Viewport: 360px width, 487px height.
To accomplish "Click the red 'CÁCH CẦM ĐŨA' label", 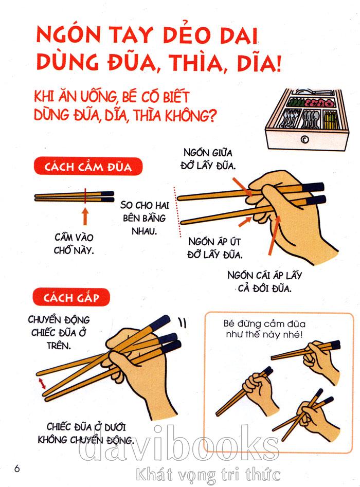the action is click(x=88, y=167).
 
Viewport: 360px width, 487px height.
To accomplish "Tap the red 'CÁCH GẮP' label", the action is click(x=71, y=297).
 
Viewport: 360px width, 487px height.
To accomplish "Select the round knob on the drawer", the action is click(x=304, y=140).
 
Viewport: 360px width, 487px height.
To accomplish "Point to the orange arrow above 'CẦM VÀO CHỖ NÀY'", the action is click(x=85, y=216).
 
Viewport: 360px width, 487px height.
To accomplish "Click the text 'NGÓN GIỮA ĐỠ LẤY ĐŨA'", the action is click(x=208, y=159).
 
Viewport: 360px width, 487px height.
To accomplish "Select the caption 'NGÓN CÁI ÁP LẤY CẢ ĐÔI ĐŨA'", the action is click(x=265, y=282).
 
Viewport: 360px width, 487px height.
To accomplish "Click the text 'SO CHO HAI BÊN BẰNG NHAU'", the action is click(x=145, y=218).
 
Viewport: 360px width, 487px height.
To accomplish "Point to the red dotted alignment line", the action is click(x=177, y=212).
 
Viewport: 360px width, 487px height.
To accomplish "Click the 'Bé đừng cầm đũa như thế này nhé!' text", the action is click(x=264, y=329).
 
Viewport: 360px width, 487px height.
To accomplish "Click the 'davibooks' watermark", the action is click(x=178, y=443).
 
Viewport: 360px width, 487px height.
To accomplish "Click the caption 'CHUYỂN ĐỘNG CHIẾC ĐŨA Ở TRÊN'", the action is click(x=59, y=333).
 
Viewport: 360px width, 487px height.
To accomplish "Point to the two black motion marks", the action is click(x=183, y=322).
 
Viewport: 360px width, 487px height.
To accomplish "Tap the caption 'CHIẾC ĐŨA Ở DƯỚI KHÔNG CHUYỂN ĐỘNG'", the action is click(x=86, y=434).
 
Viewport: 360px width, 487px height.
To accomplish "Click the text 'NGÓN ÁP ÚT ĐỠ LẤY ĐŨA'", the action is click(x=214, y=248).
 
